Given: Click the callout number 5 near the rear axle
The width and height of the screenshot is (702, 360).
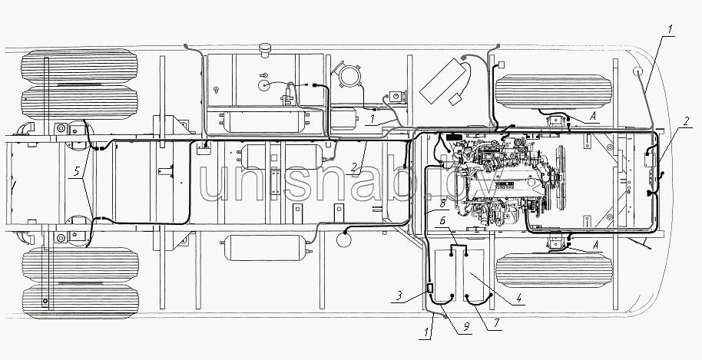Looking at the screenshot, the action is pyautogui.click(x=77, y=171).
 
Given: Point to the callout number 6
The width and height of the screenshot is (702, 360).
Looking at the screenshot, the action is pyautogui.click(x=442, y=220).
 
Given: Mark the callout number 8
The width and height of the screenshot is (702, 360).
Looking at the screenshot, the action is pyautogui.click(x=442, y=204).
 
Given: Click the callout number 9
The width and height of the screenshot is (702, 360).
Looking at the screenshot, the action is pyautogui.click(x=466, y=327).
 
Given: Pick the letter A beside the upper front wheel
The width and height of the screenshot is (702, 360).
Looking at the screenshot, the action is pyautogui.click(x=593, y=116).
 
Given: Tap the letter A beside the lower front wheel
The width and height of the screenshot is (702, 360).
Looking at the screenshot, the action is pyautogui.click(x=595, y=245).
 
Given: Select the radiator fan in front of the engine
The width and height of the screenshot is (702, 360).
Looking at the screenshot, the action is pyautogui.click(x=560, y=177).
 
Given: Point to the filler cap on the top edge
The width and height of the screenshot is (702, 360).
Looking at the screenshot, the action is pyautogui.click(x=266, y=49).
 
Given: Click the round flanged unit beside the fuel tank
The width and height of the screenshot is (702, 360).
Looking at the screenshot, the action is pyautogui.click(x=346, y=75).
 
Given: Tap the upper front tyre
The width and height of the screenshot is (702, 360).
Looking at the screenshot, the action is pyautogui.click(x=553, y=91).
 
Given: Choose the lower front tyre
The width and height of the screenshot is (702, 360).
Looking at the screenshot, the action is pyautogui.click(x=553, y=270).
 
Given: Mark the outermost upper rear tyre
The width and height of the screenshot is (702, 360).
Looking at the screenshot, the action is pyautogui.click(x=80, y=66).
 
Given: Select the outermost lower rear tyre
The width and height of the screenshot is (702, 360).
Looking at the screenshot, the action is pyautogui.click(x=81, y=302).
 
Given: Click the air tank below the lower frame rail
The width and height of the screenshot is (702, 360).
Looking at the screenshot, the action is pyautogui.click(x=266, y=248).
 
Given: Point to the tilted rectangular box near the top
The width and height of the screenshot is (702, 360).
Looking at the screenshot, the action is pyautogui.click(x=445, y=81).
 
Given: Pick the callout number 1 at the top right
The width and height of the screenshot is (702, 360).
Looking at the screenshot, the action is pyautogui.click(x=671, y=30).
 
